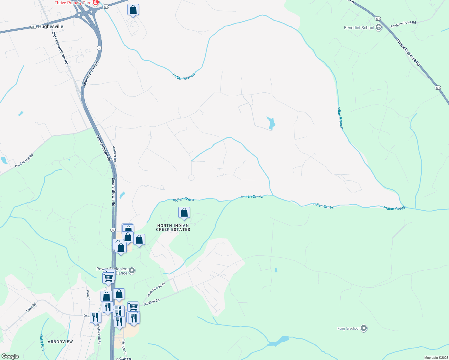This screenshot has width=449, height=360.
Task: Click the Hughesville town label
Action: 51,26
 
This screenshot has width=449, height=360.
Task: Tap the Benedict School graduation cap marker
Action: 379,28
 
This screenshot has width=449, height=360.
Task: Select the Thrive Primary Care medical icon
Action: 96,3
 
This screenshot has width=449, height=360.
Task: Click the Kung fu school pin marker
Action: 364,328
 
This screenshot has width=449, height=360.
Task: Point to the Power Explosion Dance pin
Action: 132,271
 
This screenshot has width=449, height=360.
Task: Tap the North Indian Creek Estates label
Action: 173,227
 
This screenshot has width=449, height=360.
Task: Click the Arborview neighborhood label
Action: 60,342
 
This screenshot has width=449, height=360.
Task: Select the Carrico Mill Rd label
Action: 24,161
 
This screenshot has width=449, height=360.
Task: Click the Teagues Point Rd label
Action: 403,24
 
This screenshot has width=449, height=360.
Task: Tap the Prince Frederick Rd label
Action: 408,52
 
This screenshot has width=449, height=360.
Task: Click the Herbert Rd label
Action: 114,154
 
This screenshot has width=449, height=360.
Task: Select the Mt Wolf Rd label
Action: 152,302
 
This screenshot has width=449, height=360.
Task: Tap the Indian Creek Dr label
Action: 156,289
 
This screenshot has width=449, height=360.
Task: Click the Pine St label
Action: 88,295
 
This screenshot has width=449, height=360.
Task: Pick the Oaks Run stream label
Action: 42,342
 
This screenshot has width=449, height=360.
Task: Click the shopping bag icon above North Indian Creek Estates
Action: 184,213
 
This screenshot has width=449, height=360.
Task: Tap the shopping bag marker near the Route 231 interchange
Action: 133,10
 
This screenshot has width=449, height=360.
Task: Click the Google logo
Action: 10,356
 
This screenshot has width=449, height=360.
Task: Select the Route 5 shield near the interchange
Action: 99,48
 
